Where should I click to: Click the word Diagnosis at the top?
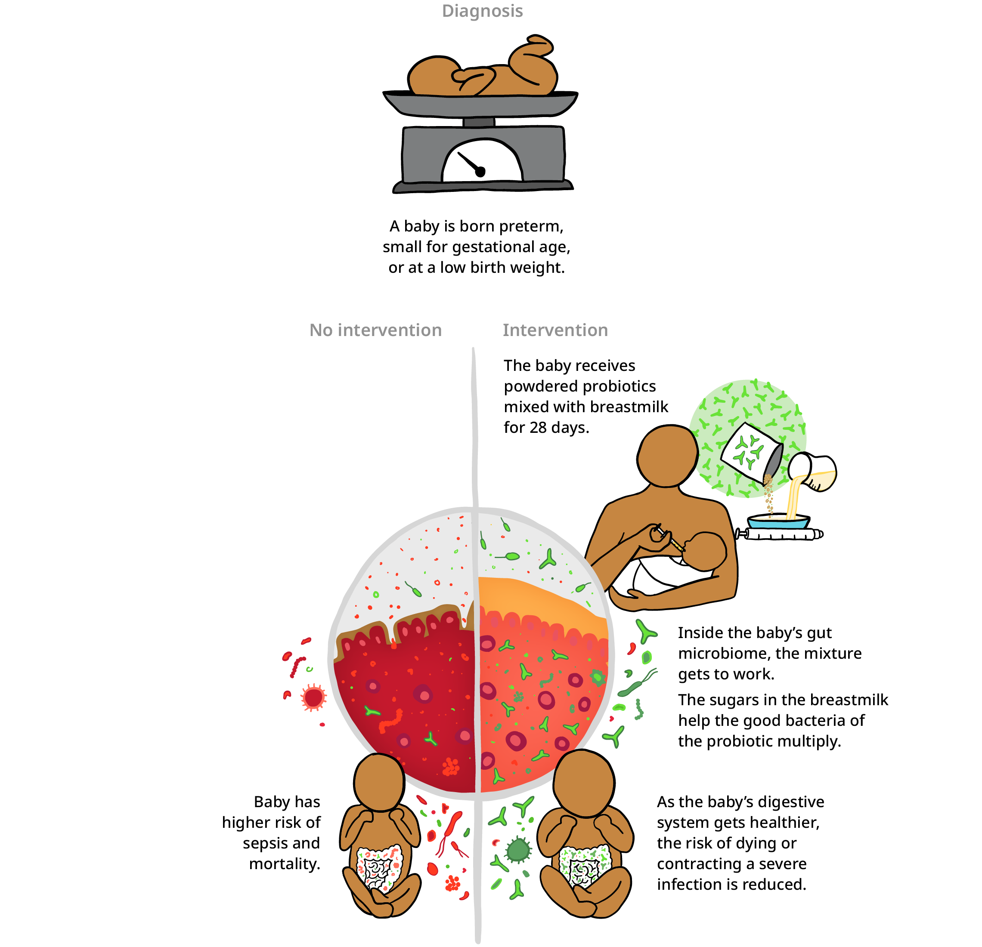coord(482,11)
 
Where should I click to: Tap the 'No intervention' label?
coord(375,330)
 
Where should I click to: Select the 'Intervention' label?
coord(555,330)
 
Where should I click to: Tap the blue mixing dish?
coord(778,523)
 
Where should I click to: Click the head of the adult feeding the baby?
coord(668,456)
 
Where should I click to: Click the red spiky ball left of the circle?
coord(313,697)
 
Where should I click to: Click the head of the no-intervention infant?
coord(379,782)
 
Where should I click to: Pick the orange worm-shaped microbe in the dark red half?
coord(391,721)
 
